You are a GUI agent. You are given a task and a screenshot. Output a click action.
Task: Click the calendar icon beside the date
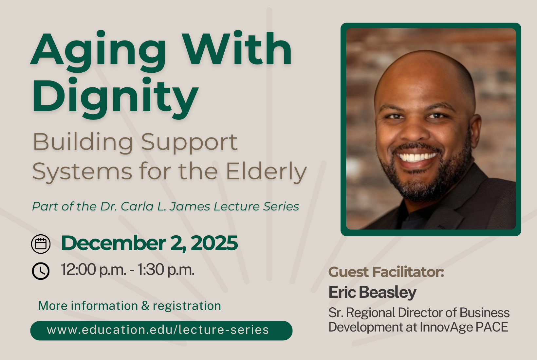click(41, 244)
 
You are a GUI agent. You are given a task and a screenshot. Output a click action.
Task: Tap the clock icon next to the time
click(41, 271)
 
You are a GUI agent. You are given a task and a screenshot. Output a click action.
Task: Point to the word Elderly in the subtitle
click(266, 172)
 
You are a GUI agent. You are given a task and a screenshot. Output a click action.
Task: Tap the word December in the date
click(113, 243)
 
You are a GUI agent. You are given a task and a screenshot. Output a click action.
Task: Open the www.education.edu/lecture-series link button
click(161, 331)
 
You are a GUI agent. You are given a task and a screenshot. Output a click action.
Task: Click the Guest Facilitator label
click(386, 272)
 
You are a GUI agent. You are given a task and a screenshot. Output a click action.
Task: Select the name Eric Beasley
click(372, 293)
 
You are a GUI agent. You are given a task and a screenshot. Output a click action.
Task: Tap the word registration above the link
click(187, 306)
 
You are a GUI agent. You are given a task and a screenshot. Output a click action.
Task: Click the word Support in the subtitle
click(189, 142)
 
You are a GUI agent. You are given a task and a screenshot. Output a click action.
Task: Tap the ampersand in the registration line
click(145, 306)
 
